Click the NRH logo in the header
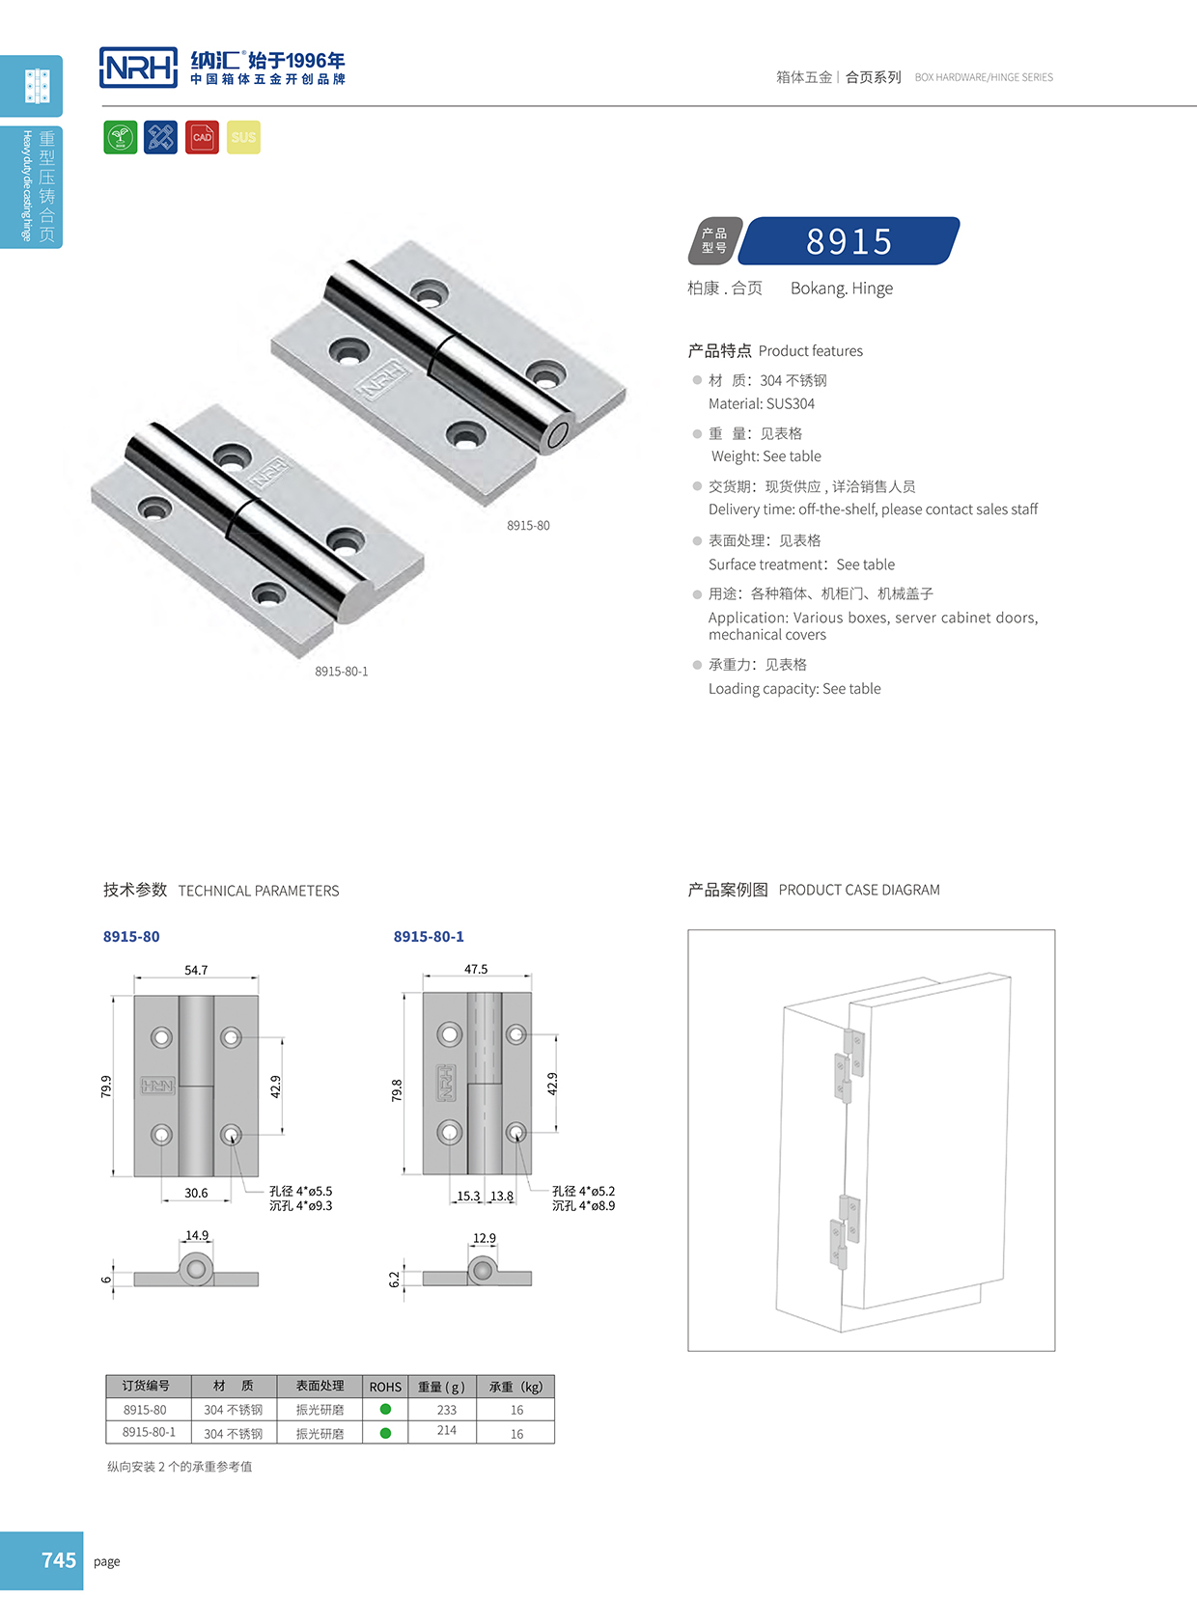coord(138,68)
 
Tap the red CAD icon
coord(202,137)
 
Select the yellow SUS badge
coord(243,137)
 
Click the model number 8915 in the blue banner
coord(849,241)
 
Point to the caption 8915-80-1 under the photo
coord(341,672)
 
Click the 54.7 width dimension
coord(196,970)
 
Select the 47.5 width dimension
coord(476,969)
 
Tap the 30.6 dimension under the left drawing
coord(196,1193)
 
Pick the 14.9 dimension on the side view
coord(197,1235)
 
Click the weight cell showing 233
coord(446,1410)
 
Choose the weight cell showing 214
coord(446,1431)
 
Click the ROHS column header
coord(385,1387)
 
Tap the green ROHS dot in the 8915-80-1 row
coord(385,1433)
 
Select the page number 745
coord(58,1560)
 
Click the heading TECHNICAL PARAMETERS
coord(259,891)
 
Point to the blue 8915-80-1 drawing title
coord(429,936)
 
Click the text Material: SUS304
coord(762,404)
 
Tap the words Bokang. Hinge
coord(842,289)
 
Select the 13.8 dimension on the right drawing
coord(502,1196)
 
